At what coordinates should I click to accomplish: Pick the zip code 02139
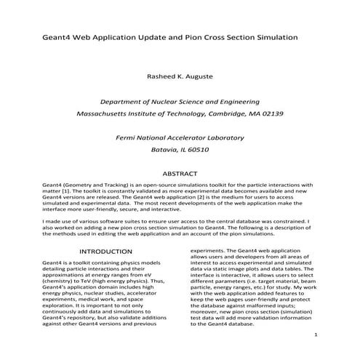269,115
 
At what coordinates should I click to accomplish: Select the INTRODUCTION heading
94,252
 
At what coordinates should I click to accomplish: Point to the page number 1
318,335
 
